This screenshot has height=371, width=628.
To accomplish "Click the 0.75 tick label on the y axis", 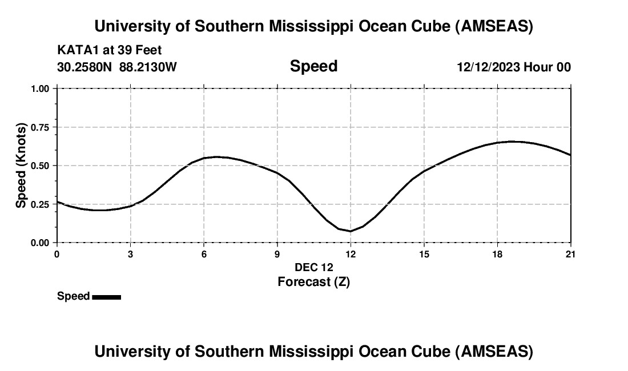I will (x=40, y=127).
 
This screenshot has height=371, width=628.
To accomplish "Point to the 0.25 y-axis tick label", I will (x=40, y=204).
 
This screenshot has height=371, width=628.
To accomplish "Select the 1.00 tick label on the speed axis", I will (x=40, y=89).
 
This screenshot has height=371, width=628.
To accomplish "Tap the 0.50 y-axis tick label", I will (x=40, y=166).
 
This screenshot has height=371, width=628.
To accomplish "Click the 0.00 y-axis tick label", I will (x=40, y=243).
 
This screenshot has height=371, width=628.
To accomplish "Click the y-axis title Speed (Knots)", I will (x=21, y=166).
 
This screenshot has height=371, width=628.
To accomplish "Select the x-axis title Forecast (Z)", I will (x=313, y=281).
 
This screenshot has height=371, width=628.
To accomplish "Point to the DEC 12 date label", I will (x=313, y=267).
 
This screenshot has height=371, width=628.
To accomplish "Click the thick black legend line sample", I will (x=106, y=297).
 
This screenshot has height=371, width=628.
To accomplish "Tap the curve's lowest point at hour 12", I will (x=351, y=231).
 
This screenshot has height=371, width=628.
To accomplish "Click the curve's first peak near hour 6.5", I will (x=216, y=156).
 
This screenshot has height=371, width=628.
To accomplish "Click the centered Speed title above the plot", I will (x=313, y=66).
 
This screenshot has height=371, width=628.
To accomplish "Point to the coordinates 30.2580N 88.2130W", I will (x=117, y=67).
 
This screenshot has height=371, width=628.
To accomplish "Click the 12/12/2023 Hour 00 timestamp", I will (x=513, y=67).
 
